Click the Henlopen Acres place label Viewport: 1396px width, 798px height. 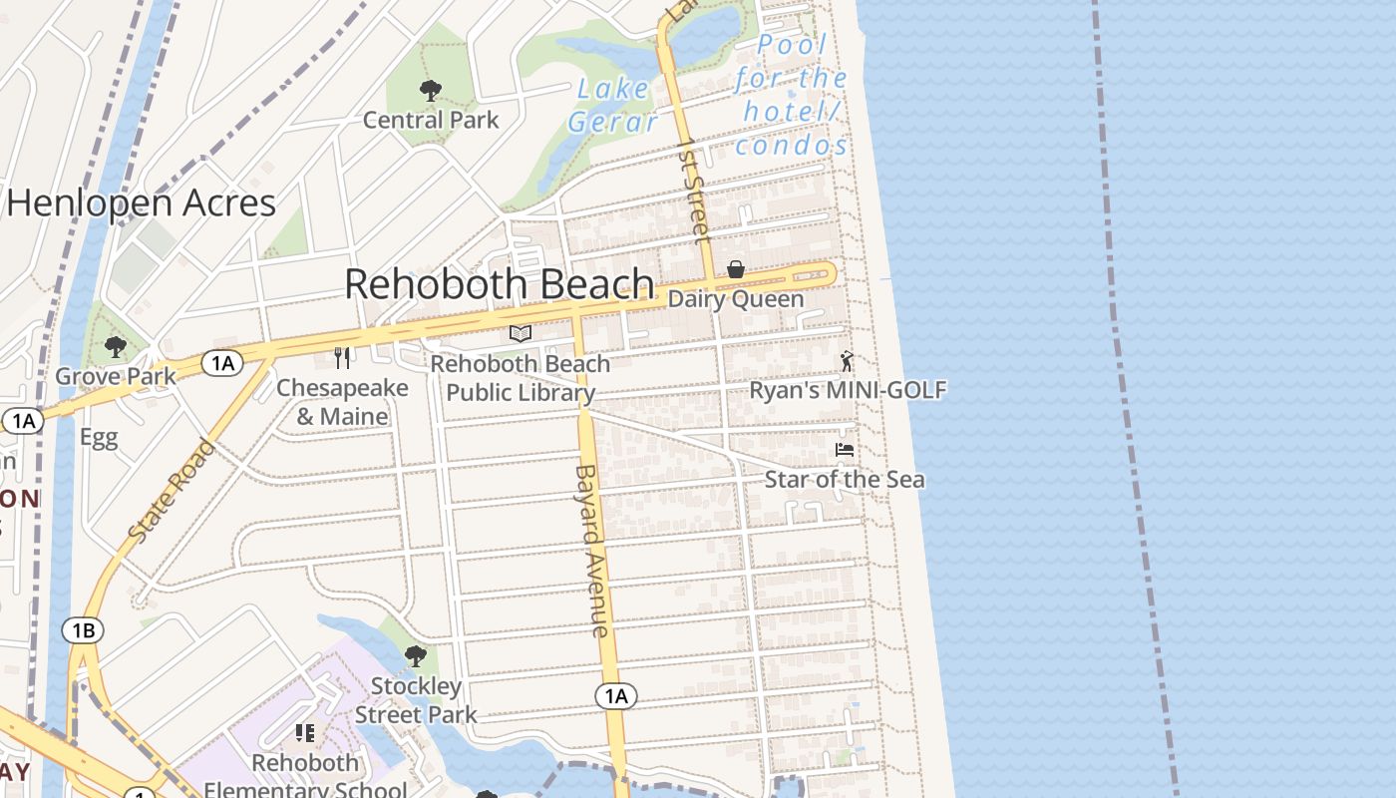(141, 203)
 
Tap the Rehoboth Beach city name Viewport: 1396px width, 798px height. (499, 284)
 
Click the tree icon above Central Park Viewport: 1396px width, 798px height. (431, 91)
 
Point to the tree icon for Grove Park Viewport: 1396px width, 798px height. (116, 347)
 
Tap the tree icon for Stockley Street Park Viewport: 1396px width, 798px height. (416, 656)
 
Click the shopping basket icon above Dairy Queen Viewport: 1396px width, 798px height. (736, 269)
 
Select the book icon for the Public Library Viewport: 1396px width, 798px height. (521, 334)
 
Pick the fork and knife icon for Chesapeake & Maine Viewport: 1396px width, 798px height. (343, 358)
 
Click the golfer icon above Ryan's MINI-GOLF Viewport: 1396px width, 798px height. (847, 361)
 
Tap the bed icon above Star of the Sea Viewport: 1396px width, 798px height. (845, 450)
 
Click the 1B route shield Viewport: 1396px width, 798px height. (83, 630)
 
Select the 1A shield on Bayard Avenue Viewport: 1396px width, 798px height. (616, 695)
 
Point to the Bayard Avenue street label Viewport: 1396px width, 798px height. (592, 551)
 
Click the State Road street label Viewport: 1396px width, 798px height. (173, 492)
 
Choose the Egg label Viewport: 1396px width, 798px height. (99, 437)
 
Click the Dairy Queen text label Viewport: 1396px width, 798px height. (735, 299)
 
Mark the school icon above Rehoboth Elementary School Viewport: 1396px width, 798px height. (305, 734)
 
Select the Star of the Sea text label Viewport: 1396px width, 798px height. (844, 480)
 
